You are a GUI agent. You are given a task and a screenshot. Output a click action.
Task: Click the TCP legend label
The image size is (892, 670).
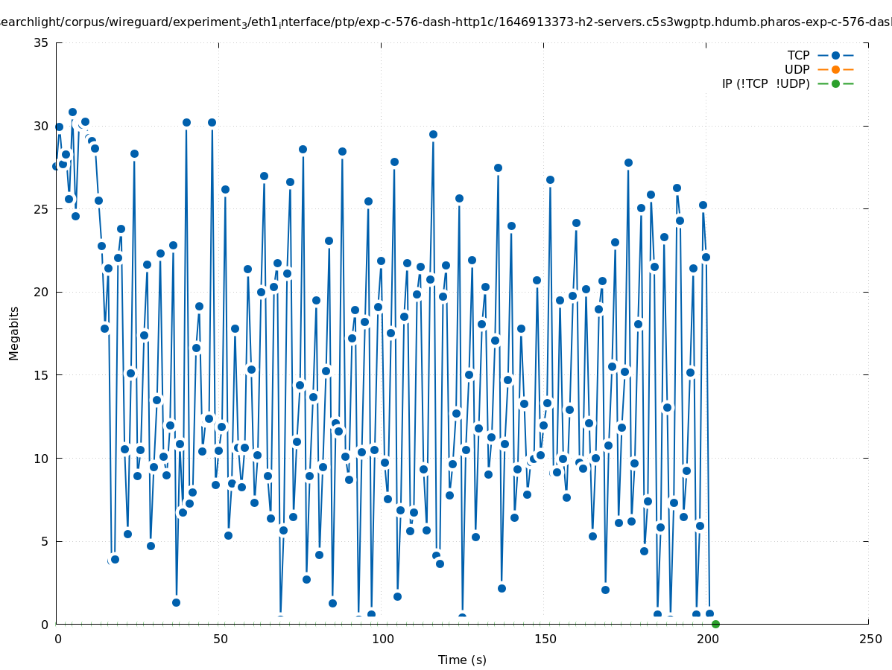coord(798,56)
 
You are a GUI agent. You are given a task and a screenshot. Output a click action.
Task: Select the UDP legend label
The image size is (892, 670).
coord(797,70)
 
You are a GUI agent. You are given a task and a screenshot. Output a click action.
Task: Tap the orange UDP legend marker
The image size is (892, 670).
coord(835,70)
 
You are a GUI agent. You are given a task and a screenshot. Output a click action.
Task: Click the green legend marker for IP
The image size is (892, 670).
coord(835,83)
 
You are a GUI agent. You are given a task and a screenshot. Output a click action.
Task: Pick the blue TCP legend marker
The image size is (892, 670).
coord(835,56)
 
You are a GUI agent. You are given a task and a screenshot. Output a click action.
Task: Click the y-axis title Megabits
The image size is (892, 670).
coord(14,333)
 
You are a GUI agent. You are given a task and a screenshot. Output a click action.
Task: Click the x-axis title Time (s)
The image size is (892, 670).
coord(462,660)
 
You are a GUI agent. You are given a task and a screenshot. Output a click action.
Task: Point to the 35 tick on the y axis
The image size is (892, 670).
coord(42,42)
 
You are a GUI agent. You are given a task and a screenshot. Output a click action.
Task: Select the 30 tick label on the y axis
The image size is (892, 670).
coord(42,126)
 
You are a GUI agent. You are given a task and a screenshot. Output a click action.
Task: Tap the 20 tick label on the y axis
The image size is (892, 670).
coord(42,292)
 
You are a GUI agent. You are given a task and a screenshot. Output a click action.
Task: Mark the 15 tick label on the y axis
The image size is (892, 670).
coord(42,375)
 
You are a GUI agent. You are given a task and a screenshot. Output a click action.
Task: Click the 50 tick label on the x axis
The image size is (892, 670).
coord(220,639)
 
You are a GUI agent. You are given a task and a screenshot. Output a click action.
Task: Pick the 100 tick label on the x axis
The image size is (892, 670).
coord(382,639)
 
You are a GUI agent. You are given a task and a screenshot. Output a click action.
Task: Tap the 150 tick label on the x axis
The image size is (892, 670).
coord(545,639)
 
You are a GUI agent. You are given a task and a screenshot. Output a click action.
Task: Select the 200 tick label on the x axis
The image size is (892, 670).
coord(707,639)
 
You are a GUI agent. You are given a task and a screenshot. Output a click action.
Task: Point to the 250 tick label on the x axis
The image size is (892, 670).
coord(870,639)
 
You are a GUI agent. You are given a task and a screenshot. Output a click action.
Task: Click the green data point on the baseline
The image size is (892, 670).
coord(715,624)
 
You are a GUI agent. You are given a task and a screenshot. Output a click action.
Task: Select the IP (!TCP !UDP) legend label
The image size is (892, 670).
coord(765,83)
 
